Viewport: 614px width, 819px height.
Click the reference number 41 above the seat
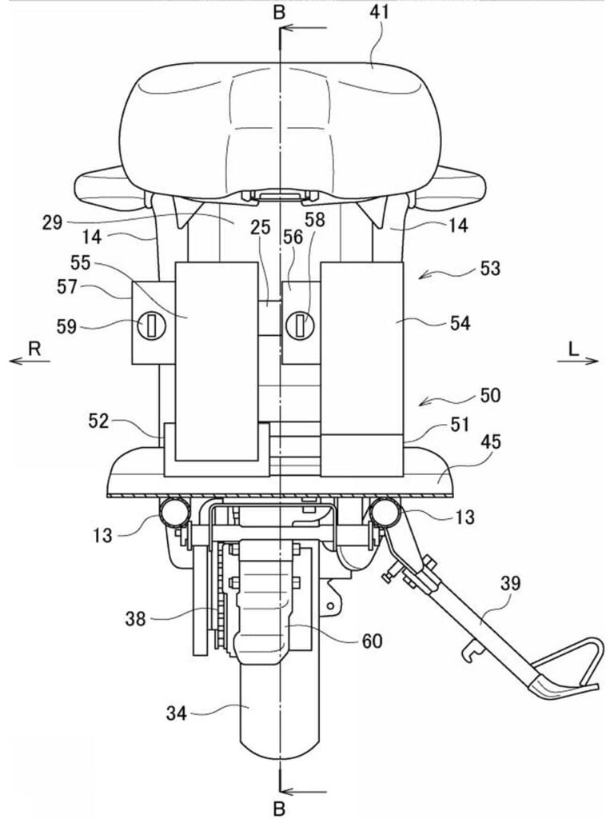pyautogui.click(x=380, y=11)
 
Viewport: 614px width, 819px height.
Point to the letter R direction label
pyautogui.click(x=34, y=349)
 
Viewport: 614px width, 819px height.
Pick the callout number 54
pyautogui.click(x=460, y=323)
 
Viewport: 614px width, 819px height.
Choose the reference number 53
pyautogui.click(x=490, y=269)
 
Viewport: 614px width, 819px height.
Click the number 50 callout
pyautogui.click(x=490, y=395)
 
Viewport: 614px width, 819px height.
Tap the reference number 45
pyautogui.click(x=490, y=441)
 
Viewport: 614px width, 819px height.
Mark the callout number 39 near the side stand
pyautogui.click(x=510, y=583)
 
